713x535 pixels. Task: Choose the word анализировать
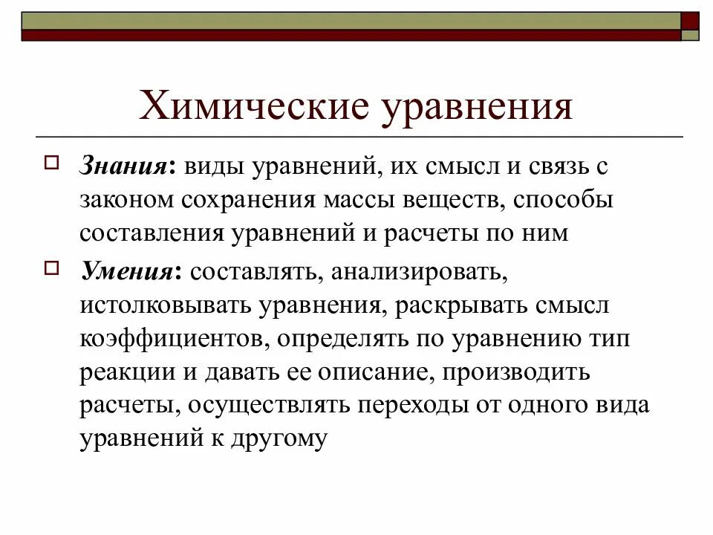[420, 272]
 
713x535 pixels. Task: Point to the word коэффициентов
[166, 340]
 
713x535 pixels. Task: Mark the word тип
[611, 340]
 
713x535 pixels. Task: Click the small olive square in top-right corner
[690, 35]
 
